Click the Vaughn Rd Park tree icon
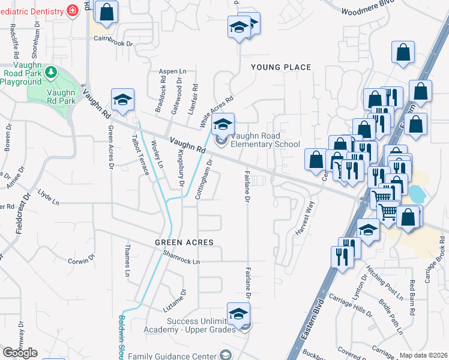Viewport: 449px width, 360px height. [51, 73]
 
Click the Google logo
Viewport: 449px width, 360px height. [20, 353]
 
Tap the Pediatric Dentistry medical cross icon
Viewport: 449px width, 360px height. [73, 11]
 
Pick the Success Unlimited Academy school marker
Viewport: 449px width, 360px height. [238, 314]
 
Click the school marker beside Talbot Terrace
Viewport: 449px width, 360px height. [122, 100]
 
